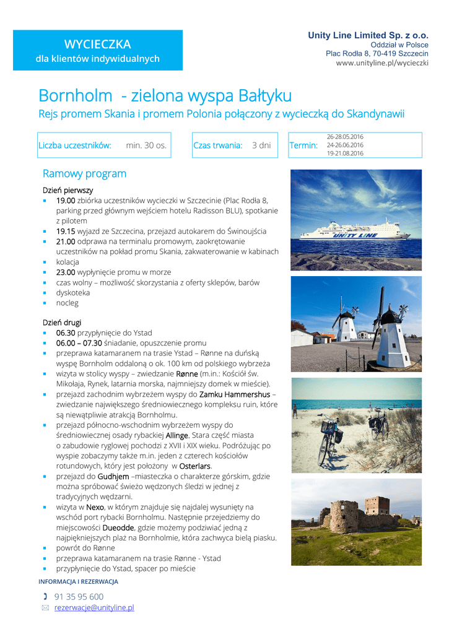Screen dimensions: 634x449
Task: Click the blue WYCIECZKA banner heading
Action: (97, 44)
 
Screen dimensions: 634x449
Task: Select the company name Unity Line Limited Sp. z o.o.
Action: (368, 35)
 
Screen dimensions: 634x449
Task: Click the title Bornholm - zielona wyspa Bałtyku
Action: (165, 96)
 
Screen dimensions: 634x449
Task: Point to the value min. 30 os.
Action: (146, 145)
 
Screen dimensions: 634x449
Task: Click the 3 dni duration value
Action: (261, 145)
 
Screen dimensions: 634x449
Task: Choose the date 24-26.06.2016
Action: (345, 145)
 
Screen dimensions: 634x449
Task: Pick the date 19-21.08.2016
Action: (345, 153)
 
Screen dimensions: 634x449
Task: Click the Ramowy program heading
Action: (84, 174)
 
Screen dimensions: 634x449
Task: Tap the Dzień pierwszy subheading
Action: (68, 190)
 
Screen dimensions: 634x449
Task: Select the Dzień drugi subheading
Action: (61, 322)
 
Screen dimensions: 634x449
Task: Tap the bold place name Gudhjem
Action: (113, 476)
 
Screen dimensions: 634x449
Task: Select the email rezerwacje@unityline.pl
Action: (94, 607)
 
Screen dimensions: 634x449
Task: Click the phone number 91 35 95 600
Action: (79, 596)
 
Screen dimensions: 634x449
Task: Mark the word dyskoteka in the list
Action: (73, 293)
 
